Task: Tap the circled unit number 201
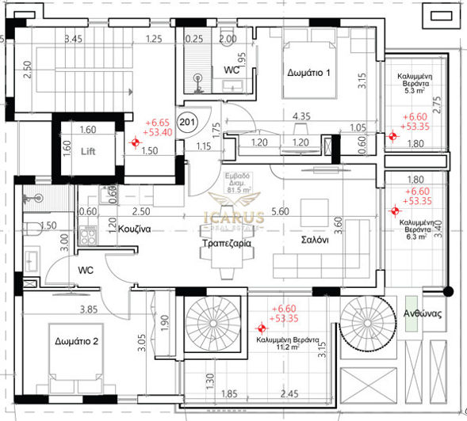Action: click(187, 123)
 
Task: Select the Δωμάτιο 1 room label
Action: click(308, 73)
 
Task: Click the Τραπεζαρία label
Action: click(226, 245)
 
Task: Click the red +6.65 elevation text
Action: click(159, 123)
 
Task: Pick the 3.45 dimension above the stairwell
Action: click(73, 38)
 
